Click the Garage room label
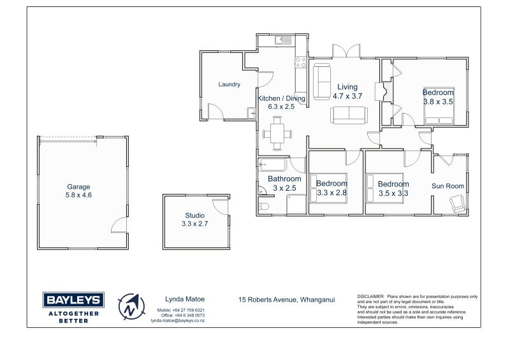[x=78, y=187]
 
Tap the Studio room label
[x=195, y=216]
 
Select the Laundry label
[x=229, y=84]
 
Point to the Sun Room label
[x=448, y=186]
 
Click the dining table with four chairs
[x=277, y=133]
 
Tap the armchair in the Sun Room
[x=458, y=203]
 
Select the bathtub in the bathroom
[x=273, y=165]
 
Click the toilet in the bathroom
[x=263, y=207]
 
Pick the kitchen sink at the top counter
[x=283, y=40]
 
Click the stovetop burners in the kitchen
[x=300, y=63]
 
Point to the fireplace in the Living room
[x=384, y=91]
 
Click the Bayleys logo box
[x=73, y=300]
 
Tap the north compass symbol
[x=131, y=307]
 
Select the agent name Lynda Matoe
[x=185, y=299]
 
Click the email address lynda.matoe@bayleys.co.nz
[x=178, y=321]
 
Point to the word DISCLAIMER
[x=371, y=297]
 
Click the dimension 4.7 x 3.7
[x=347, y=96]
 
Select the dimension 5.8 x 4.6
[x=78, y=195]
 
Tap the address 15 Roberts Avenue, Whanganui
[x=286, y=300]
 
